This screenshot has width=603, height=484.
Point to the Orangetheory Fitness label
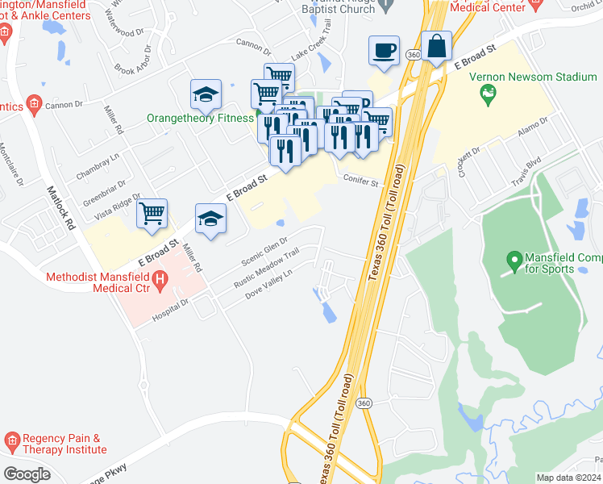(201, 118)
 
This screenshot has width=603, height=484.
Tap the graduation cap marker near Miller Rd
(210, 219)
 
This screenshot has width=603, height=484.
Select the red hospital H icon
(160, 282)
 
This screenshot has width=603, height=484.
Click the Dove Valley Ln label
(268, 286)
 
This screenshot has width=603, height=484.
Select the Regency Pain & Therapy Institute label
(64, 443)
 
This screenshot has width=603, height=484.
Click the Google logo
(27, 474)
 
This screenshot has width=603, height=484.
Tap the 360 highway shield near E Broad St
(414, 54)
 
